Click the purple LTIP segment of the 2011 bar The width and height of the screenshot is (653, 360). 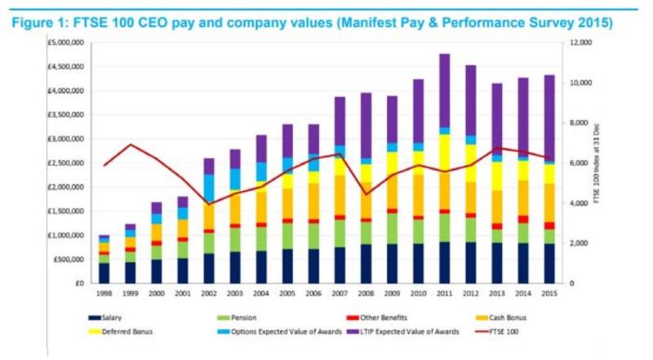click(x=444, y=90)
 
